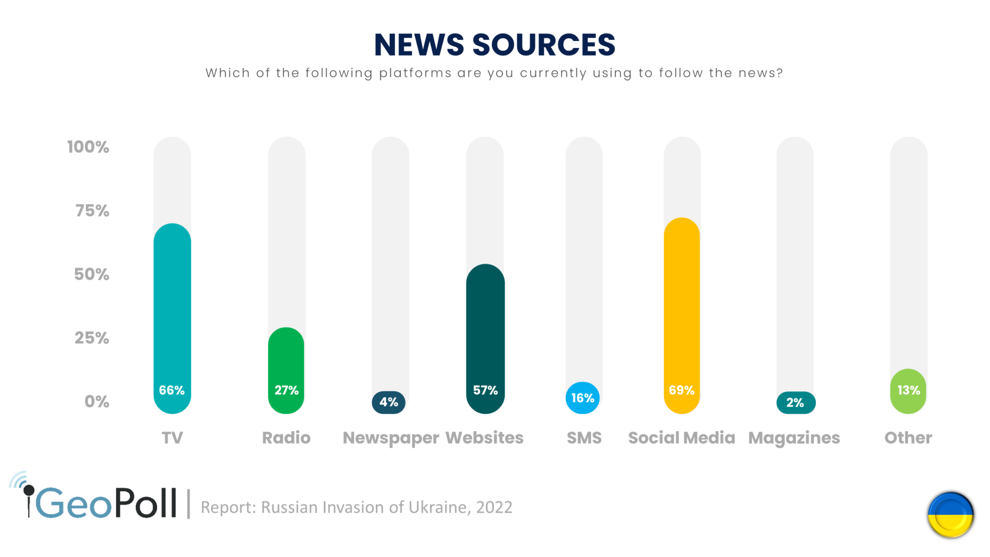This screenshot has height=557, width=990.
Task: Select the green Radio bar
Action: click(286, 358)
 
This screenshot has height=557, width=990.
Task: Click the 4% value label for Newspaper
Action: click(389, 402)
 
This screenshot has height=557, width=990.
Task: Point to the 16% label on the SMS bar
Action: click(583, 398)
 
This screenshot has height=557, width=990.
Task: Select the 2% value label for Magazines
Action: click(795, 403)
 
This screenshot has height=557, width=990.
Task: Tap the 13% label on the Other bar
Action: click(909, 390)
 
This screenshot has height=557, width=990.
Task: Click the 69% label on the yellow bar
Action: click(682, 390)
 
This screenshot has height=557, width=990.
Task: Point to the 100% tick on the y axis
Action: click(88, 147)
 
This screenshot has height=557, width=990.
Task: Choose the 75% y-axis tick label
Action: click(92, 211)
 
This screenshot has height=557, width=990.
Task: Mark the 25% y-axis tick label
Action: click(92, 338)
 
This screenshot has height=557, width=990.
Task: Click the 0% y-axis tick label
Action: click(97, 402)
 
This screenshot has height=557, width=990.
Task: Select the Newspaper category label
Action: click(391, 438)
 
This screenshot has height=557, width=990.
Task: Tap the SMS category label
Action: click(584, 438)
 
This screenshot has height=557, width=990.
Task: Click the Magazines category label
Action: click(794, 438)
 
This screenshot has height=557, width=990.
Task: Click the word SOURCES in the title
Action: click(543, 45)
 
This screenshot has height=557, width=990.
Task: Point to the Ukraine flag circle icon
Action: click(950, 514)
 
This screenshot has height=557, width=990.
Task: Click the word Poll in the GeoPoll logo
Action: click(145, 504)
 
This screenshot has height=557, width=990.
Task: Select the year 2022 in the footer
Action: click(494, 507)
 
